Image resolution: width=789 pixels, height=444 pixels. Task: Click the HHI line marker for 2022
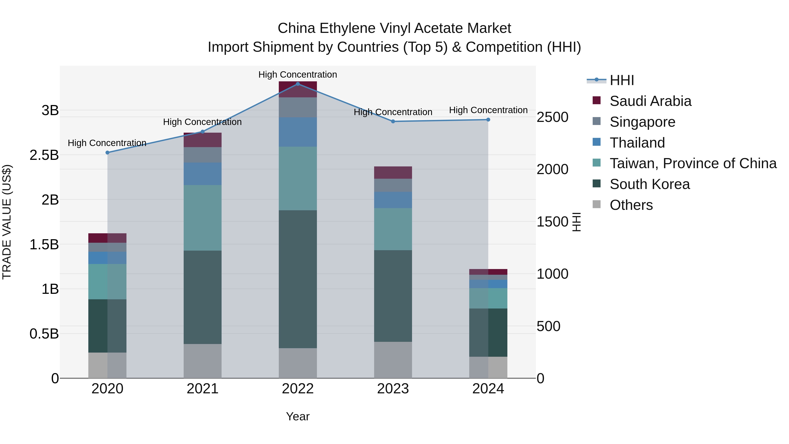(x=298, y=84)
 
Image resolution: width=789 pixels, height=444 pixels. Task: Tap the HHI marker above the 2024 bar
(x=488, y=120)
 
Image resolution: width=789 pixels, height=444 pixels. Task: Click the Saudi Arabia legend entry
(x=650, y=101)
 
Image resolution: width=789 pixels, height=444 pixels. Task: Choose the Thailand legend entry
(x=637, y=143)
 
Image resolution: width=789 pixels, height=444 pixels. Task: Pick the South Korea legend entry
(x=649, y=184)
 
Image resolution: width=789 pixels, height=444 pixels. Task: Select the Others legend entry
(x=631, y=205)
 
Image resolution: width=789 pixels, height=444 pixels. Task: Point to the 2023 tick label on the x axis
(x=393, y=389)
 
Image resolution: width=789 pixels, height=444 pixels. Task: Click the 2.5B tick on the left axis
(x=44, y=155)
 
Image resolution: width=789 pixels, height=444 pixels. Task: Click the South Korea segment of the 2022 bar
(x=298, y=279)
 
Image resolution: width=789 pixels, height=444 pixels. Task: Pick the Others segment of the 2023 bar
(x=393, y=360)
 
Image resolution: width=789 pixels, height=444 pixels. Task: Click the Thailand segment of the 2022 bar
(x=298, y=132)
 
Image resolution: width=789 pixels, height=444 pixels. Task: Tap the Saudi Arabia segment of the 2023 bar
(x=393, y=173)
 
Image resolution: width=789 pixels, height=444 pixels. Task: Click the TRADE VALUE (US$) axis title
(x=7, y=222)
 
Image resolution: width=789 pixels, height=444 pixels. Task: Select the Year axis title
(x=298, y=416)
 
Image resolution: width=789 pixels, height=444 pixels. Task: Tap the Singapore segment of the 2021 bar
(x=203, y=155)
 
